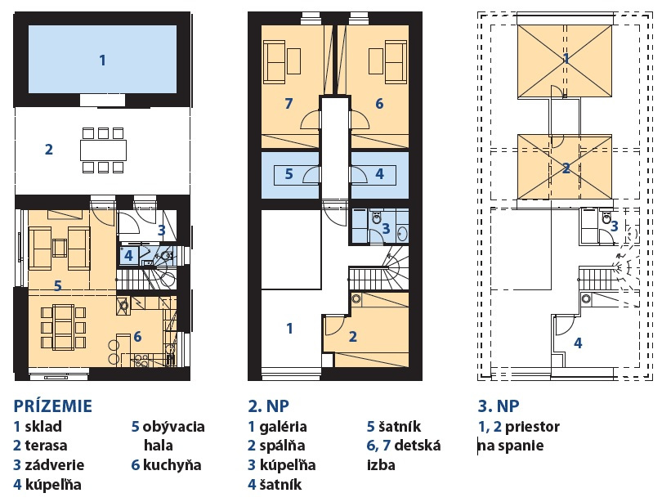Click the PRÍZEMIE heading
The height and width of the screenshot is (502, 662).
tap(53, 406)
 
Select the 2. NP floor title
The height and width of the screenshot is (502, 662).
tap(269, 406)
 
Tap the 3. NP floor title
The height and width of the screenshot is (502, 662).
tap(499, 406)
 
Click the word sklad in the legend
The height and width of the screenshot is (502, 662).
tap(43, 427)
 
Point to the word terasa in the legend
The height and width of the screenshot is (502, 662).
tap(46, 446)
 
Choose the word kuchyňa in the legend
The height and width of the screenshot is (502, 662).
tap(172, 465)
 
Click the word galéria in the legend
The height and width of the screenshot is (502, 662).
tap(283, 427)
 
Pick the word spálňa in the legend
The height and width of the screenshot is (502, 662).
tap(282, 446)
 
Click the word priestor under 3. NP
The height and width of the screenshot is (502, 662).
tap(532, 427)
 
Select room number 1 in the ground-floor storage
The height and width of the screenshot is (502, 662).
tap(102, 61)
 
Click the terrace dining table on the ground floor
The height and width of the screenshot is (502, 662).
tap(104, 150)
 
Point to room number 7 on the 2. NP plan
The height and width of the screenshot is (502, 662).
tap(289, 104)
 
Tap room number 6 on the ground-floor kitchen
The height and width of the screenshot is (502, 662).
tap(137, 337)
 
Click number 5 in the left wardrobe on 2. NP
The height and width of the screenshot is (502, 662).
tap(289, 173)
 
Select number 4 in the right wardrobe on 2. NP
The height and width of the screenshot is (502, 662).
tap(379, 173)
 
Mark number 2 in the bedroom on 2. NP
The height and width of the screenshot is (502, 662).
tap(353, 337)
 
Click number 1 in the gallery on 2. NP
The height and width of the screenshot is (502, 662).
tap(289, 328)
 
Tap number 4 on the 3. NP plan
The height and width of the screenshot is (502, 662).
tap(578, 343)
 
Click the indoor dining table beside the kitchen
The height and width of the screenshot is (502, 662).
tap(63, 325)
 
